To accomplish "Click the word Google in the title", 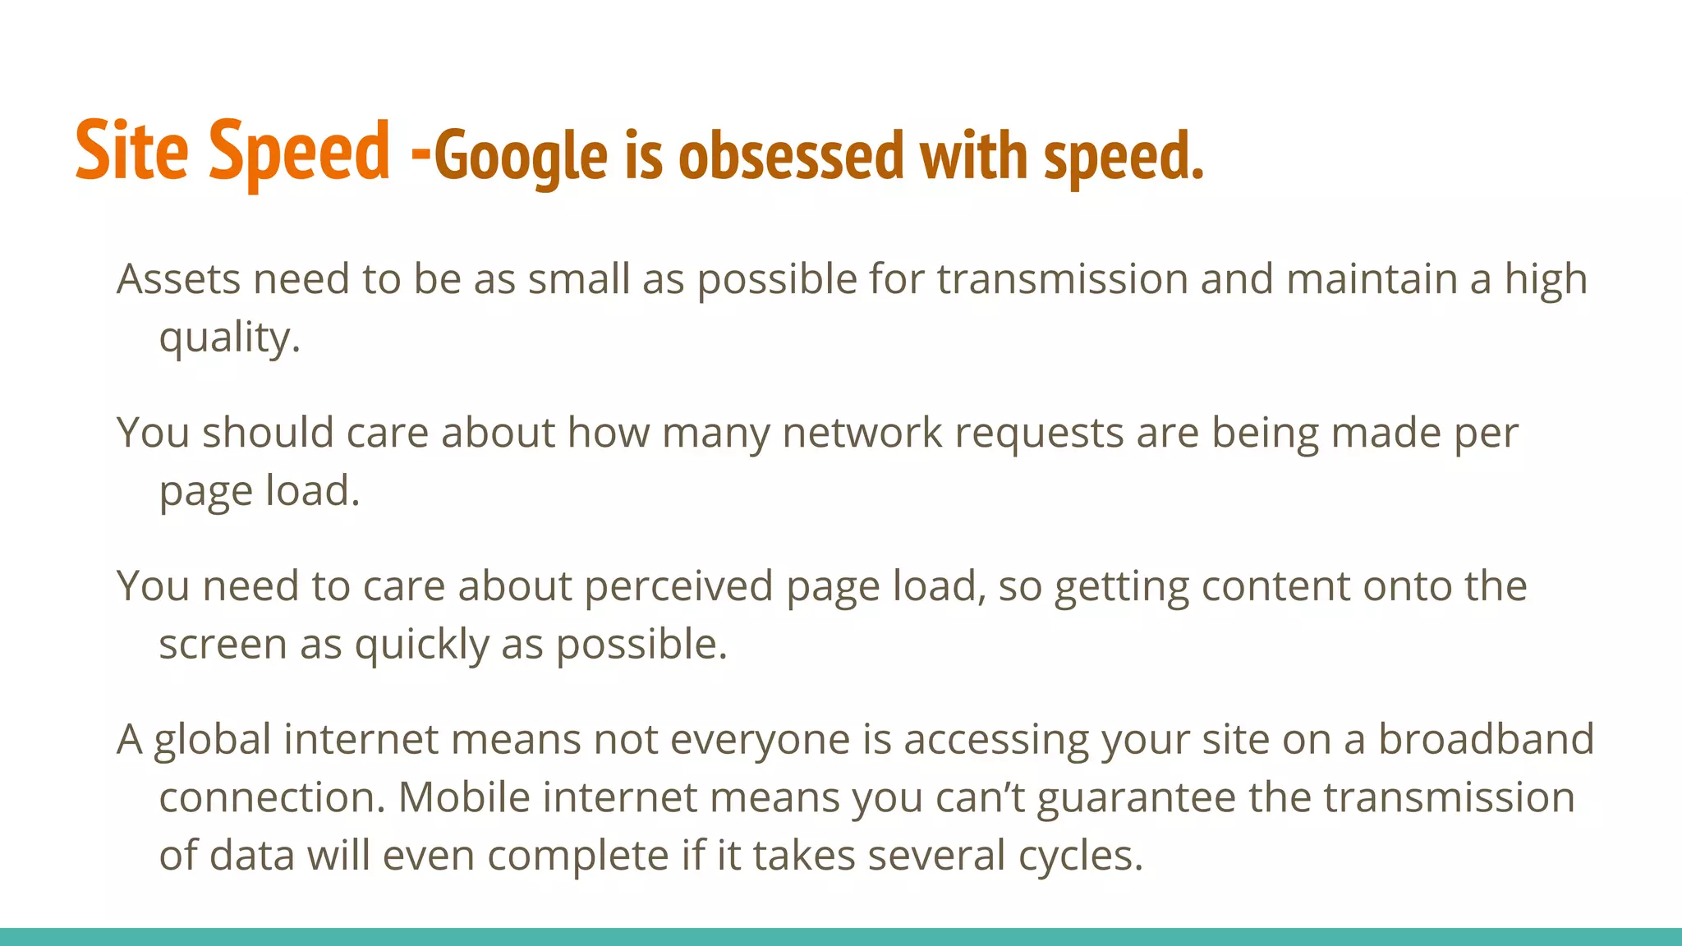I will tap(520, 156).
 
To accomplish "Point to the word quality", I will tap(229, 338).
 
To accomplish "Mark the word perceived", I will tap(678, 586).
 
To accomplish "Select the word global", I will tap(212, 740).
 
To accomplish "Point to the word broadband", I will tap(1486, 739).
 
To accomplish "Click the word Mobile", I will tap(464, 797).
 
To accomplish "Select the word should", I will tap(268, 433).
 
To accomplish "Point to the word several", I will tap(936, 856).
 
